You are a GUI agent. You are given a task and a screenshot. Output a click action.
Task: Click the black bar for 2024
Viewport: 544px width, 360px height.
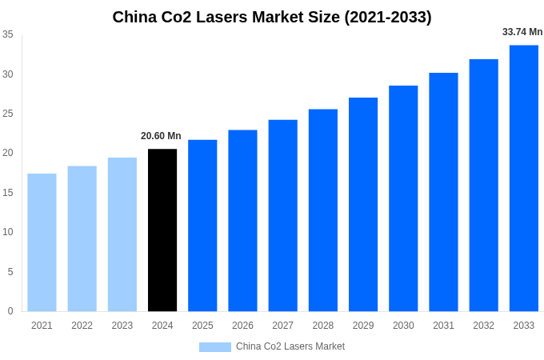tap(162, 230)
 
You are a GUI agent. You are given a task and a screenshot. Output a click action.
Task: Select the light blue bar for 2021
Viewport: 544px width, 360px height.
tap(42, 242)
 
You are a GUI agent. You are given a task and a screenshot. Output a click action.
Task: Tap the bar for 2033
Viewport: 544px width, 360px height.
tap(524, 178)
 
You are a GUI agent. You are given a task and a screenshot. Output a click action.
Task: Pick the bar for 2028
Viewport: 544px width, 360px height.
tap(323, 210)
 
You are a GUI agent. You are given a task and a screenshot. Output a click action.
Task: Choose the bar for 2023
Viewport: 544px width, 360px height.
tap(122, 234)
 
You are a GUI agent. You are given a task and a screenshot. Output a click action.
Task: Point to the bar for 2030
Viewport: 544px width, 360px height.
tap(403, 198)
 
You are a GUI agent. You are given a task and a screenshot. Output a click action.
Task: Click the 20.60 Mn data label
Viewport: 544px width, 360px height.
tap(161, 136)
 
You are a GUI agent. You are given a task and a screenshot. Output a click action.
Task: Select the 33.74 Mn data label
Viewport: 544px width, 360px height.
tap(522, 32)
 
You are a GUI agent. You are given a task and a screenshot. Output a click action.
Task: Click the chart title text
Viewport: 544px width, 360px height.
tap(272, 17)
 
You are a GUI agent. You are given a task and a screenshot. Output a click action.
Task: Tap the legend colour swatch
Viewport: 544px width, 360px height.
tap(214, 347)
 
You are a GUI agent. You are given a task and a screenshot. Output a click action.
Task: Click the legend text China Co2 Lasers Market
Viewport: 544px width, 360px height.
tap(290, 346)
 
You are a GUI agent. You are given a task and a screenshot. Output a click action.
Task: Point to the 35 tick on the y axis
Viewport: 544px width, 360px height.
tap(7, 34)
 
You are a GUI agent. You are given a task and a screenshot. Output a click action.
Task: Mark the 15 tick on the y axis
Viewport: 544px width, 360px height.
tap(7, 193)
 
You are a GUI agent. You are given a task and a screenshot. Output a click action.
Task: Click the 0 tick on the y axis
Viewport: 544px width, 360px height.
tap(10, 311)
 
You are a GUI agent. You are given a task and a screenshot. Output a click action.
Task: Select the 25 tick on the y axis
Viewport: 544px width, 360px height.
tap(7, 114)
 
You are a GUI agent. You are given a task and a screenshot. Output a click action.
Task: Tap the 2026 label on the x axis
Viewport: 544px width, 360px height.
tap(242, 326)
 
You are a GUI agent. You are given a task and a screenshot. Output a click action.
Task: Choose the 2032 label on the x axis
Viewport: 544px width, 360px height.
tap(483, 326)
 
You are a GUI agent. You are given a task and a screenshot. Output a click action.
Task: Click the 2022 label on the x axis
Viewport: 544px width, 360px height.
tap(82, 326)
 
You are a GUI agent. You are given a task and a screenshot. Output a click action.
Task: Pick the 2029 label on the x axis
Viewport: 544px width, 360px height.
tap(363, 326)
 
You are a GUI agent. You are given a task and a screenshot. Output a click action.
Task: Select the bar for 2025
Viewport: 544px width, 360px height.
tap(202, 226)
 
